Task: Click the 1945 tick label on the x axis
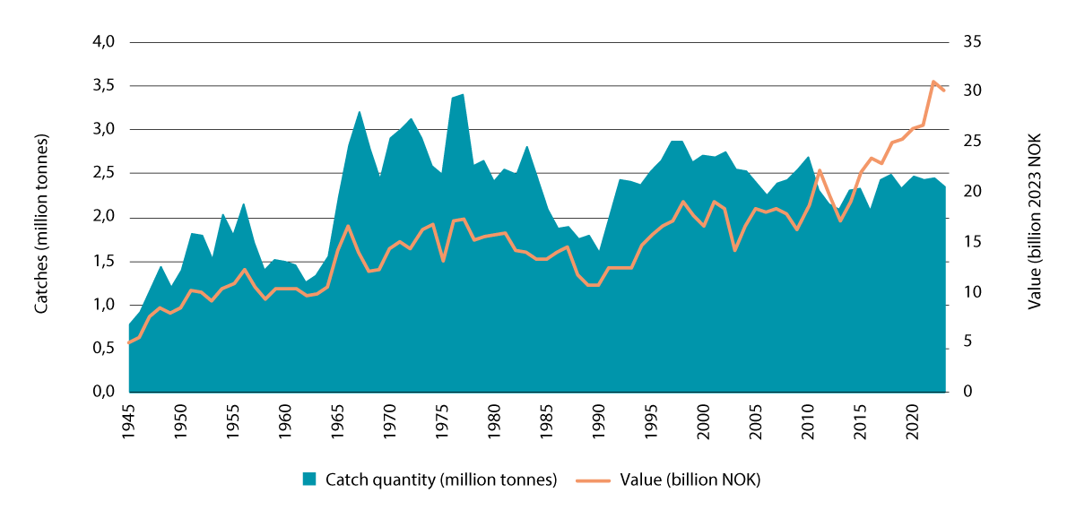(x=130, y=420)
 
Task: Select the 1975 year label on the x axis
(x=442, y=420)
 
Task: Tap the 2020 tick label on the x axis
(x=914, y=420)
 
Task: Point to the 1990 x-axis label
(x=599, y=420)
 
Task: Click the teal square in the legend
(x=309, y=479)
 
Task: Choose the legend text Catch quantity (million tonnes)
(x=442, y=480)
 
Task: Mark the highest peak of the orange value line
(x=933, y=82)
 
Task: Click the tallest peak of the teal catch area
(x=463, y=94)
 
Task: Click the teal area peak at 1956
(x=244, y=204)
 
